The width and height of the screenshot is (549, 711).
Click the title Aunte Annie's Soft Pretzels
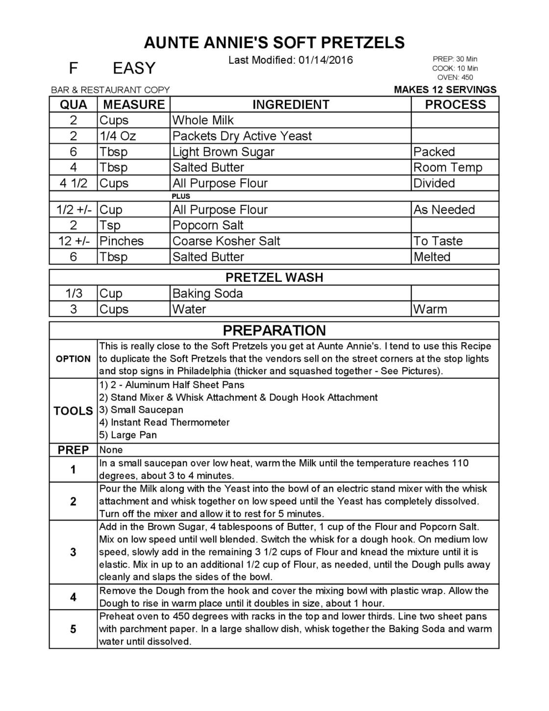pyautogui.click(x=274, y=43)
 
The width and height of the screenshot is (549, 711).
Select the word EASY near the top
pyautogui.click(x=134, y=68)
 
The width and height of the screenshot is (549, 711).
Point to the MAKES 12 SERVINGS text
pyautogui.click(x=445, y=90)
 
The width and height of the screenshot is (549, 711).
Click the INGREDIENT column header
pyautogui.click(x=291, y=105)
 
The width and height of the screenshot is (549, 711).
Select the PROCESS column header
pyautogui.click(x=455, y=105)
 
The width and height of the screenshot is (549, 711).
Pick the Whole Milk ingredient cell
pyautogui.click(x=203, y=121)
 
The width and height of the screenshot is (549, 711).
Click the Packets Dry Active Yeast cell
pyautogui.click(x=242, y=136)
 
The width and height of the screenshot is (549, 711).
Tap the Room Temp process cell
pyautogui.click(x=448, y=168)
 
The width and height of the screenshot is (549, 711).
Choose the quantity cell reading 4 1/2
pyautogui.click(x=74, y=183)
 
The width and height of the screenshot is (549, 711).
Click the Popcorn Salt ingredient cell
pyautogui.click(x=208, y=225)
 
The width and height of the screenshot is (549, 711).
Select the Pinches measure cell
pyautogui.click(x=122, y=241)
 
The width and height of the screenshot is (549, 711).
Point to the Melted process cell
pyautogui.click(x=432, y=257)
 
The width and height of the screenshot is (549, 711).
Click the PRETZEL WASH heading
pyautogui.click(x=274, y=277)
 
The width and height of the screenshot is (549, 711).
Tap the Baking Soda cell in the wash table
pyautogui.click(x=208, y=294)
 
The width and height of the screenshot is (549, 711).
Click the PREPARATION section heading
pyautogui.click(x=274, y=330)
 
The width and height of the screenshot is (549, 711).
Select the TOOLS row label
pyautogui.click(x=74, y=411)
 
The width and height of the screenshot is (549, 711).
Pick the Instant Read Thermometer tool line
pyautogui.click(x=165, y=422)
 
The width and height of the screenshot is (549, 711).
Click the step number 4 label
pyautogui.click(x=74, y=597)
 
